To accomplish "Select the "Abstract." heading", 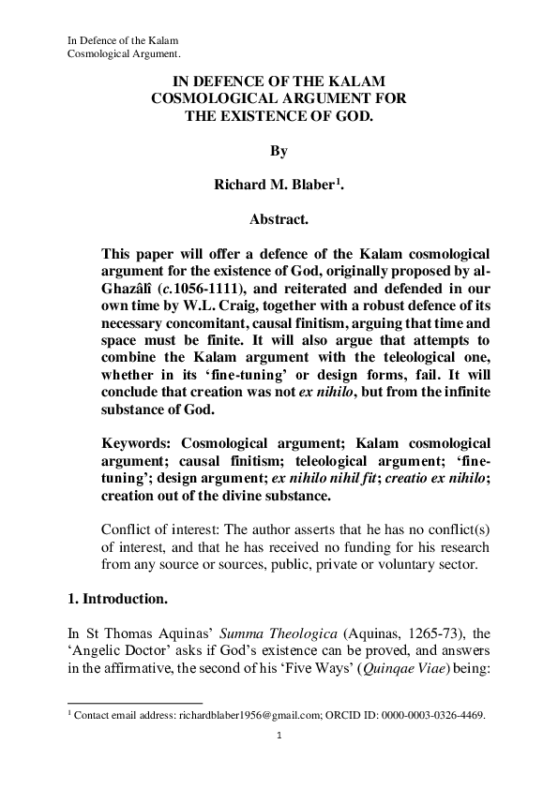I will coord(279,219).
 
